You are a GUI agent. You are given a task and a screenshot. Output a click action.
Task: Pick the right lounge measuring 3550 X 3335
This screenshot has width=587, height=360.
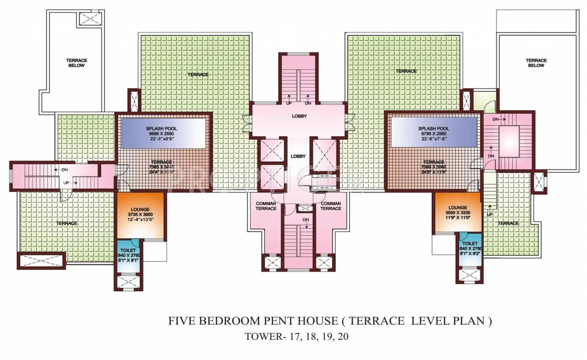tap(457, 211)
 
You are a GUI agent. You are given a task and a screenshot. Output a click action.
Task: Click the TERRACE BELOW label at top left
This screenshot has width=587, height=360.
tap(76, 63)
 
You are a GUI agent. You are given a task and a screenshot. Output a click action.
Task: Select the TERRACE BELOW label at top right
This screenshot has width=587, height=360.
tap(536, 63)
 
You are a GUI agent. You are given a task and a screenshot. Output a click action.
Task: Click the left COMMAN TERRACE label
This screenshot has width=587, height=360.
tap(266, 206)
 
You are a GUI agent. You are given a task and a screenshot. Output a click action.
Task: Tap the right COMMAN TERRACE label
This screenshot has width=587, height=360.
tap(331, 206)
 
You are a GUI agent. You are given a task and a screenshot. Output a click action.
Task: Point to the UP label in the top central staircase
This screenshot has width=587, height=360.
tap(289, 103)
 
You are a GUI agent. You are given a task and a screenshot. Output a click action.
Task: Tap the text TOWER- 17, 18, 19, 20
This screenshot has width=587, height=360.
tap(297, 337)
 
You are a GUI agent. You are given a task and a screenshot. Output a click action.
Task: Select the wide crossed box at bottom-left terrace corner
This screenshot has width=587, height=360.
tap(41, 260)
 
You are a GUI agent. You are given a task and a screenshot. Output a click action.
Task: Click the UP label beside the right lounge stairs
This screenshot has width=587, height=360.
tap(489, 215)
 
